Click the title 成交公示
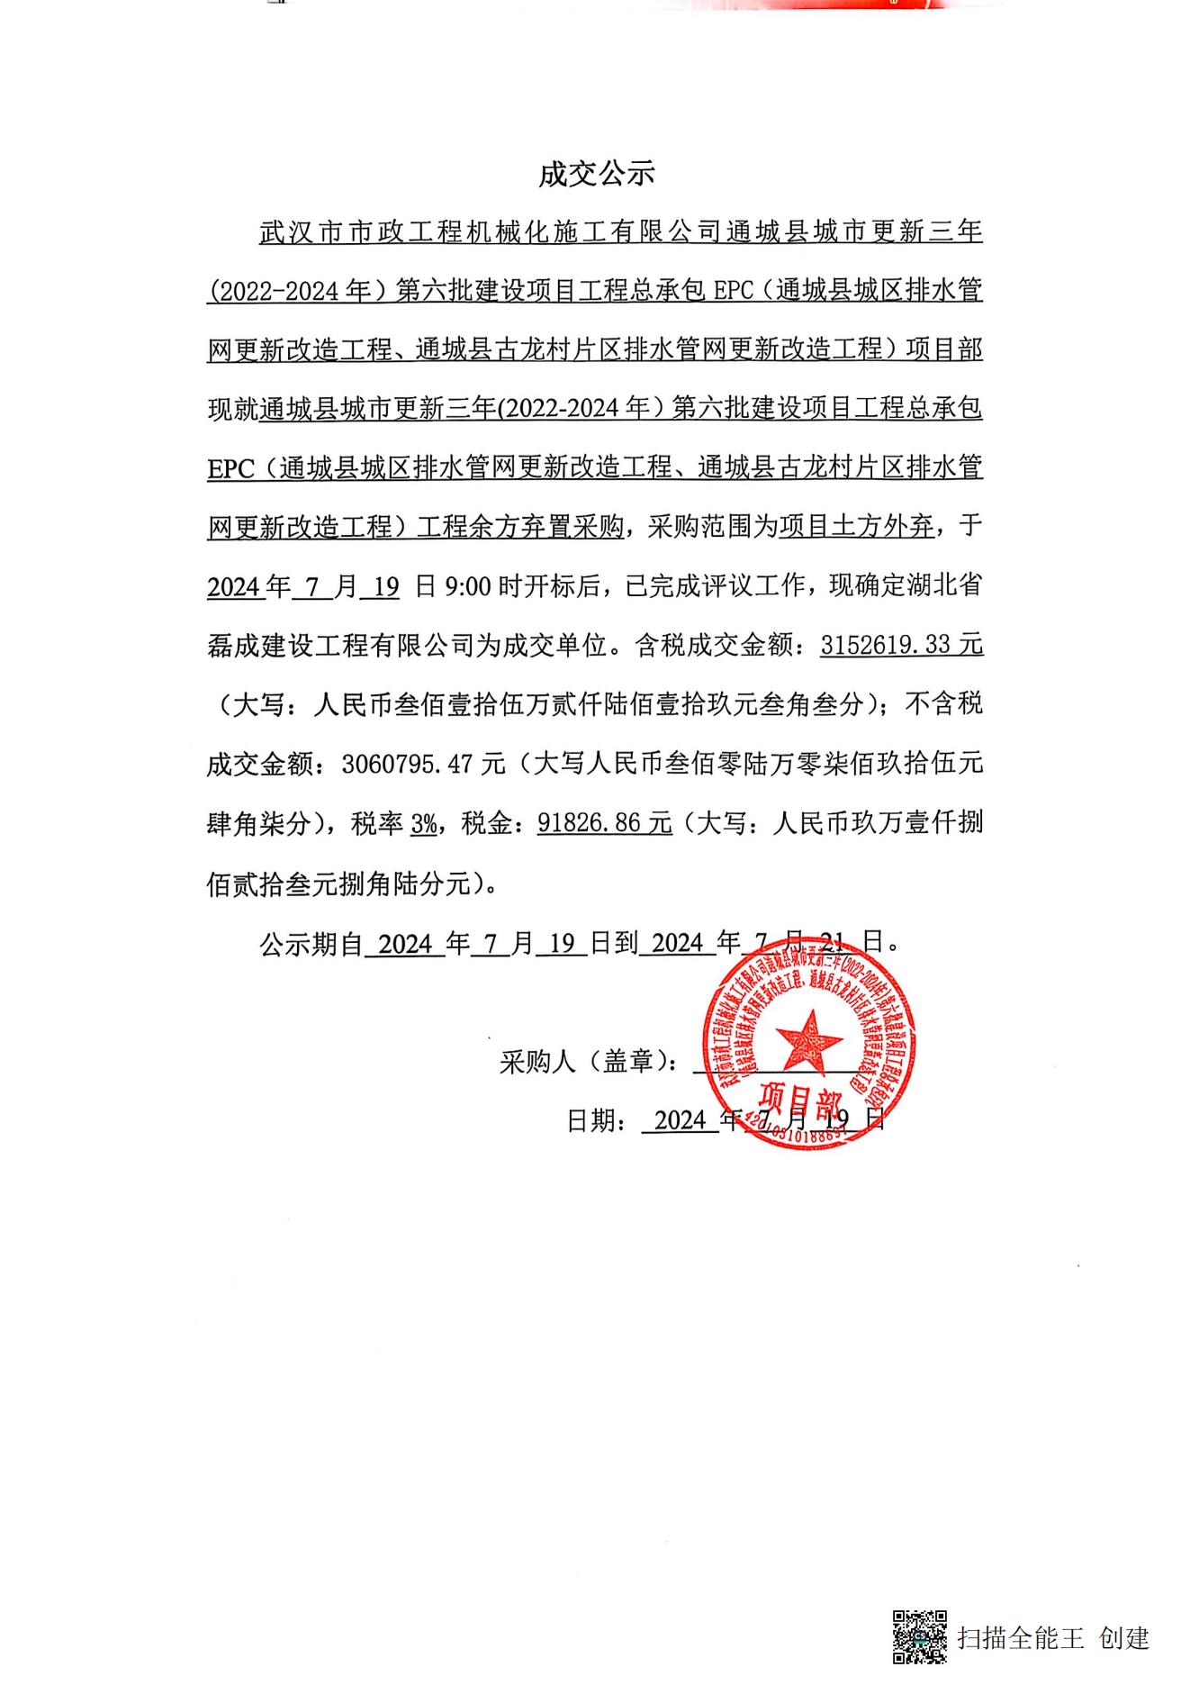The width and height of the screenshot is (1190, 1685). (x=596, y=174)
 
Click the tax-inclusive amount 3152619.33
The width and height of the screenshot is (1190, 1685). (x=890, y=645)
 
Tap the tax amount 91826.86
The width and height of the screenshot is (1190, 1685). (x=593, y=823)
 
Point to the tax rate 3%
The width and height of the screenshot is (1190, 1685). (x=423, y=823)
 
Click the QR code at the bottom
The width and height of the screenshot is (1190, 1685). (x=919, y=1636)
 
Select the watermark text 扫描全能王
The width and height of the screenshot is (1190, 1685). (x=1020, y=1637)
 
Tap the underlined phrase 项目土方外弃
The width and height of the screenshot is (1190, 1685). (x=856, y=527)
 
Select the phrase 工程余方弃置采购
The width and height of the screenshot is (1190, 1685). (x=519, y=527)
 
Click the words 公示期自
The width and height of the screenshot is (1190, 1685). (x=311, y=944)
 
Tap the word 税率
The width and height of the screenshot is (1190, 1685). (x=376, y=823)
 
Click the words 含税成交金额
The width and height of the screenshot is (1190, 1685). (x=716, y=646)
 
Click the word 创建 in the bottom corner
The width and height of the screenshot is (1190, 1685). (x=1123, y=1637)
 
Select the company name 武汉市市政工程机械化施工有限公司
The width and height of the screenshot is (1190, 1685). (x=490, y=232)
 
